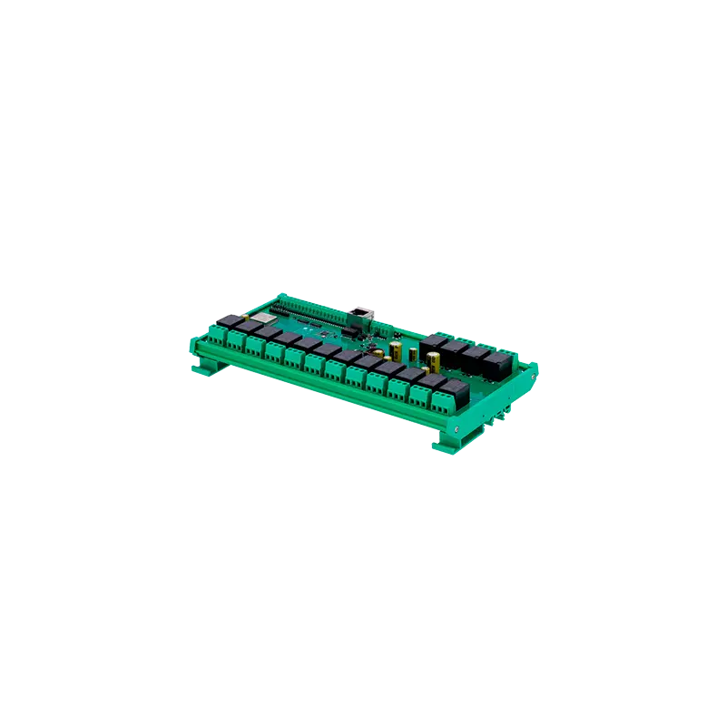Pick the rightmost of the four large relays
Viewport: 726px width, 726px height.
pos(496,365)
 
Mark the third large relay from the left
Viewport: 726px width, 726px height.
pos(476,357)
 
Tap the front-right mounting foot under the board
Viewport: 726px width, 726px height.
pos(446,442)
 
